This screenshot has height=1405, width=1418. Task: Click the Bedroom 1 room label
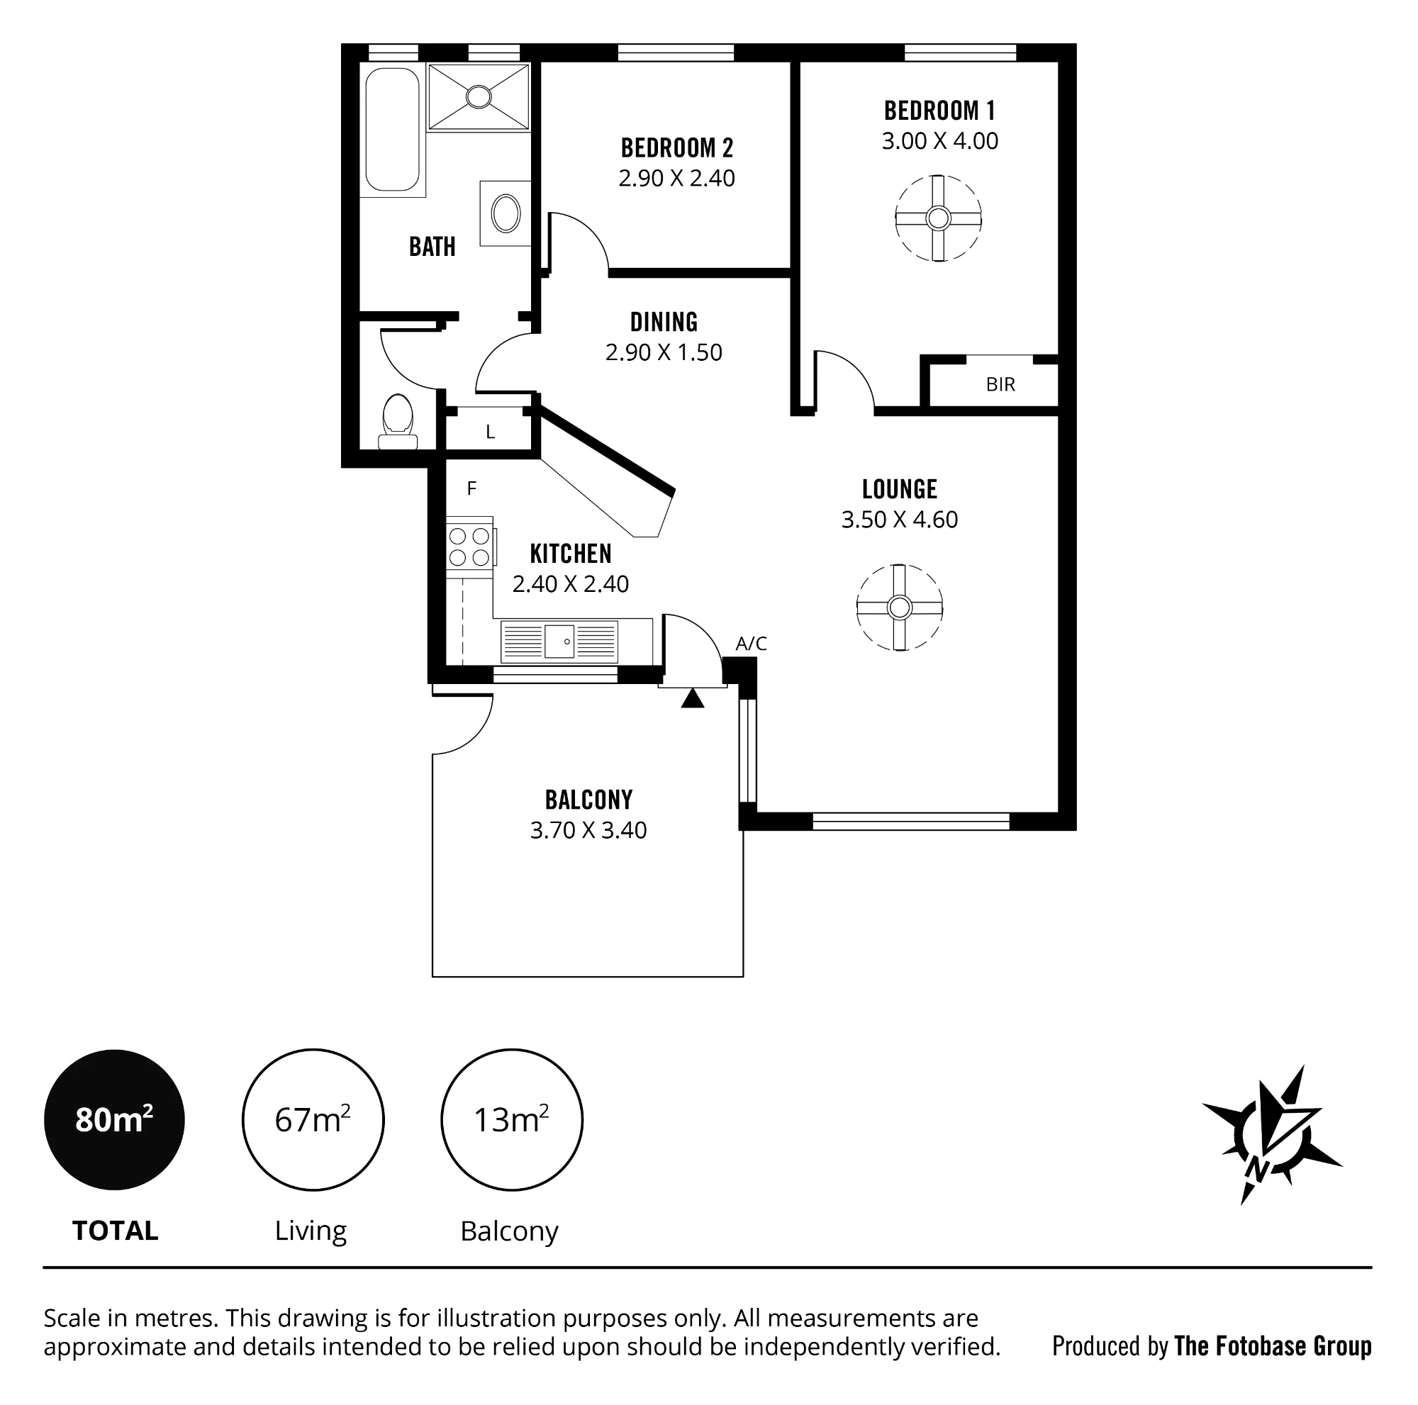pos(939,111)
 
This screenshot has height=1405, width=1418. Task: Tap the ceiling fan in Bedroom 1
pos(938,218)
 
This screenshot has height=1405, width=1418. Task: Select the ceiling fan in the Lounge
pos(899,608)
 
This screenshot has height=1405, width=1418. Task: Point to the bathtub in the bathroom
pos(393,129)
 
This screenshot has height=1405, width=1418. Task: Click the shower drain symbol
pos(479,97)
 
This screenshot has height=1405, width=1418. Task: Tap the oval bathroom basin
pos(506,213)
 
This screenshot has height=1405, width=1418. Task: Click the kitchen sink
pos(559,642)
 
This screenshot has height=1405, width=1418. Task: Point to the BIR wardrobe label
pos(1000,384)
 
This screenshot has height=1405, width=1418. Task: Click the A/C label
pos(751,644)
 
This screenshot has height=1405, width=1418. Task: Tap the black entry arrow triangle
pos(692,698)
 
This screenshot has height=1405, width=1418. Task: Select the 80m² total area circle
pos(114,1119)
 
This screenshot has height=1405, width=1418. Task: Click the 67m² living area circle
pos(313,1119)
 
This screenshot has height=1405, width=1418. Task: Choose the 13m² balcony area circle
pos(512,1119)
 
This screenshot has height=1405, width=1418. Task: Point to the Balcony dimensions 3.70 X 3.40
pos(588,830)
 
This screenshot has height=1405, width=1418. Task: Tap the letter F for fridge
pos(471,488)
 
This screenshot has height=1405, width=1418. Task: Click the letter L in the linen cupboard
pos(491,432)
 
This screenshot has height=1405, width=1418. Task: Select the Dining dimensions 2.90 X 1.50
pos(664,352)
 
